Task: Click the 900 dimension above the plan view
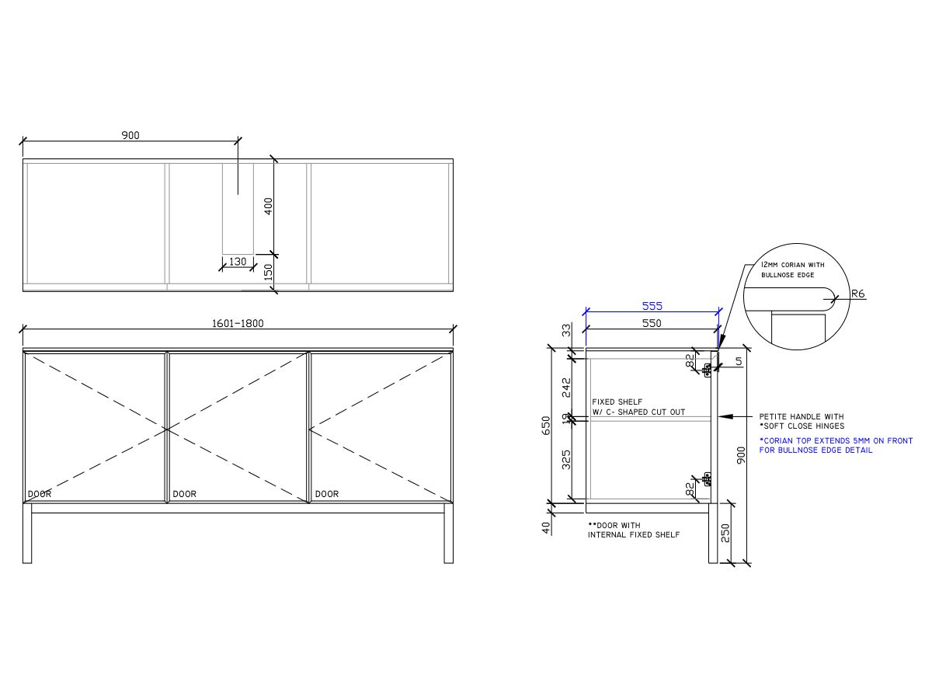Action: (130, 135)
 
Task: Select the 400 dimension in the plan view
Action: (269, 207)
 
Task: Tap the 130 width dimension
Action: (238, 262)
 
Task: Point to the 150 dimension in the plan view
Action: (269, 272)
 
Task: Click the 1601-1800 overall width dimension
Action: (238, 324)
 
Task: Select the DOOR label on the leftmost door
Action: (40, 494)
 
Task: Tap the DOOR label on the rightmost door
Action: (327, 494)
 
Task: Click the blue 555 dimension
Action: (652, 306)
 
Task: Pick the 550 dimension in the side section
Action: (652, 323)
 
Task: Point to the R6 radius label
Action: (858, 294)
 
